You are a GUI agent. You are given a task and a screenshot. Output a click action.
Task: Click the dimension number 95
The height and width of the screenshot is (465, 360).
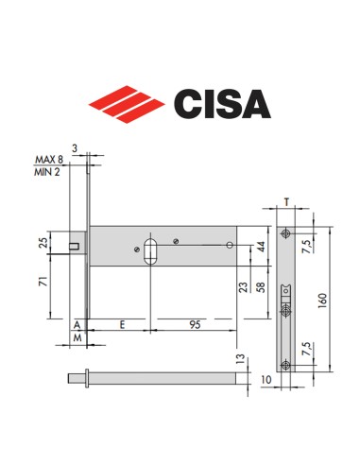tap(194, 323)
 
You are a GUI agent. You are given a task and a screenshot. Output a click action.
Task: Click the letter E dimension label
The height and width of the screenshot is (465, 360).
tap(122, 323)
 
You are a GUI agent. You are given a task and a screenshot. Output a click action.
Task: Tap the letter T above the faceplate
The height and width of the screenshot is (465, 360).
tap(284, 201)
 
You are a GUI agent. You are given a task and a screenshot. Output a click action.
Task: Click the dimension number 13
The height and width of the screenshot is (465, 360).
tap(241, 360)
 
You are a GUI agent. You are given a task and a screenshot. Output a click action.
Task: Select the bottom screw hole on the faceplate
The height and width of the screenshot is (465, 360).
tap(284, 364)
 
